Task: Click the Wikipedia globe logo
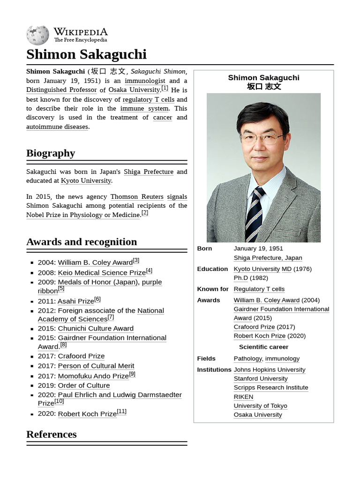point(37,35)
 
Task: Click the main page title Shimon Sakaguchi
point(86,54)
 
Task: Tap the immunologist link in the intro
point(145,81)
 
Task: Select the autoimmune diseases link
point(57,127)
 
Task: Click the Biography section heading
point(51,153)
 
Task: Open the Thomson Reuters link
point(137,196)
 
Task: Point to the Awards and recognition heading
point(82,242)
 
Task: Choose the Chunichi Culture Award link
point(96,329)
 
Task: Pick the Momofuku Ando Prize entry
point(93,376)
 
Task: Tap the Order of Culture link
point(84,385)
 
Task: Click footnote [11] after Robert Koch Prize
point(122,412)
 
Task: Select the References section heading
point(52,435)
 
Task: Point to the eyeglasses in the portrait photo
point(262,139)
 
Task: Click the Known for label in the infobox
point(213,289)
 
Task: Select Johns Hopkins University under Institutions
point(270,370)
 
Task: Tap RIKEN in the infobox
point(243,397)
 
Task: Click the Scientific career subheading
point(263,347)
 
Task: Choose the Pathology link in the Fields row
point(247,359)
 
